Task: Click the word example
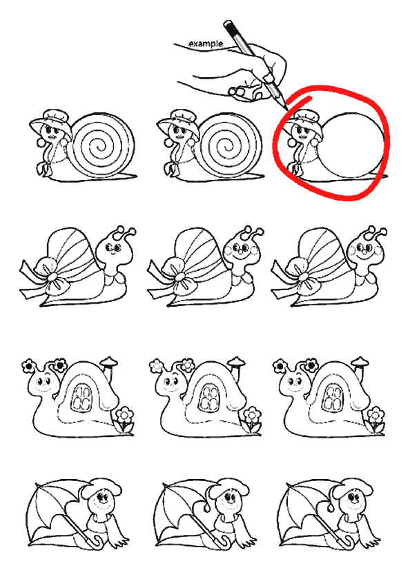click(x=206, y=43)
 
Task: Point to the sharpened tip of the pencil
click(x=288, y=110)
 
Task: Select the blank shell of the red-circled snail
click(x=351, y=145)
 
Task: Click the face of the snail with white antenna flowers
click(x=170, y=384)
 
